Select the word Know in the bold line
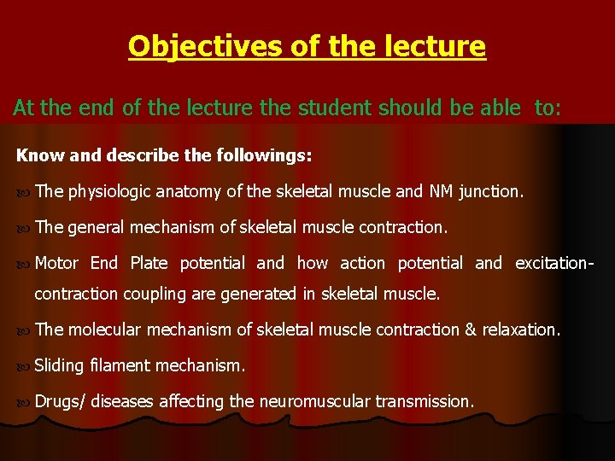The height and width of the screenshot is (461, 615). click(34, 157)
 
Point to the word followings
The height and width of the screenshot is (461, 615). click(269, 157)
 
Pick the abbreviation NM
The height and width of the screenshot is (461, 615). click(440, 192)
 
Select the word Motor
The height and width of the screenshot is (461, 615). click(56, 263)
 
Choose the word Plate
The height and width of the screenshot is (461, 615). click(149, 263)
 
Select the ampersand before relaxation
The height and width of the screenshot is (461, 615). click(470, 330)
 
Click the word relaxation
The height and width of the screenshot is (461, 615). click(521, 330)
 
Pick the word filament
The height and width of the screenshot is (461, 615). click(120, 366)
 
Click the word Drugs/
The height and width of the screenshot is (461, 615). click(60, 401)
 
